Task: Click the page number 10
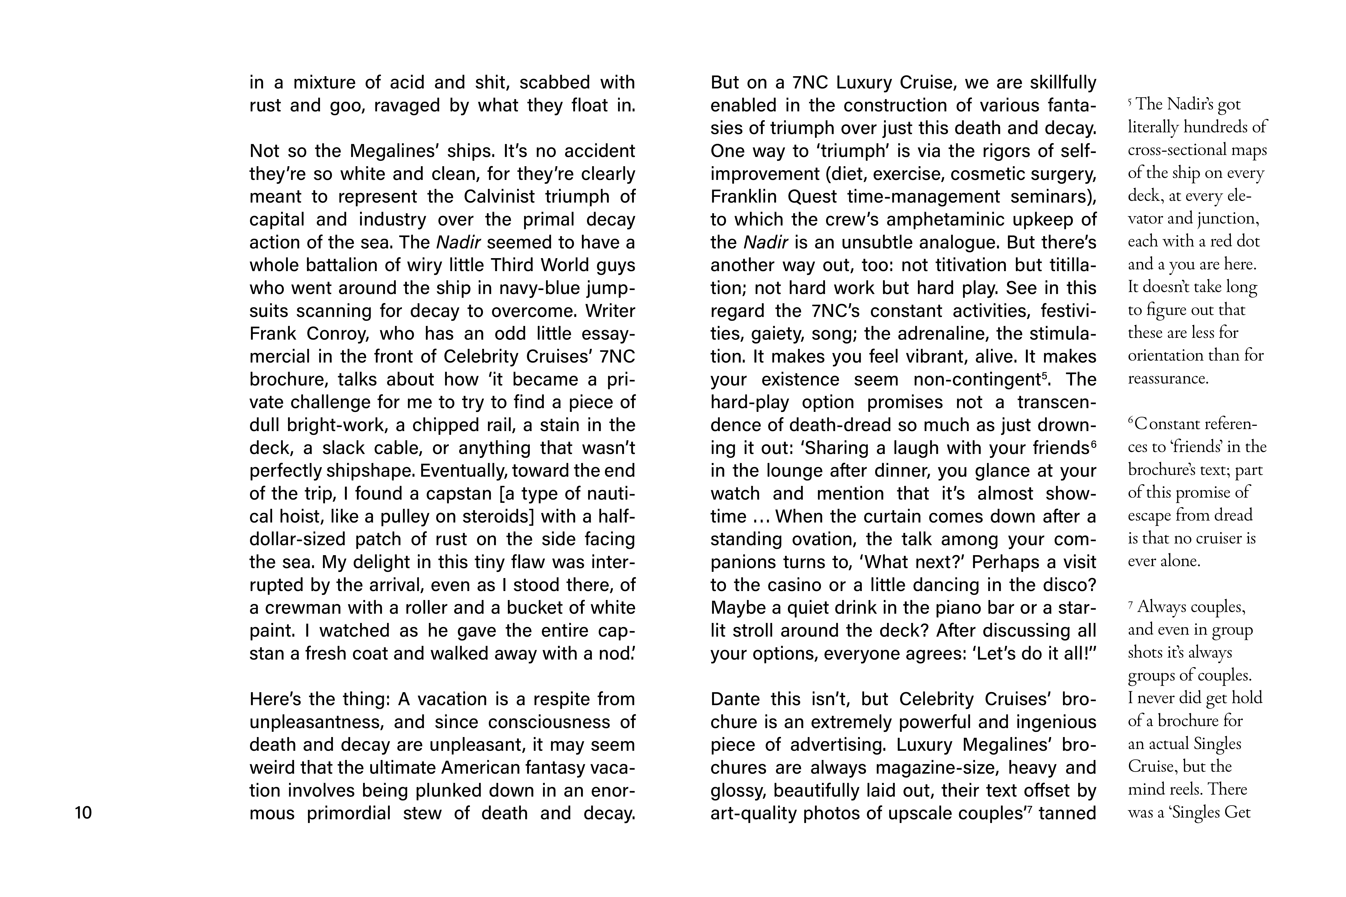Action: pos(83,813)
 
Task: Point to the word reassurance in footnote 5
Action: pos(1168,378)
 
